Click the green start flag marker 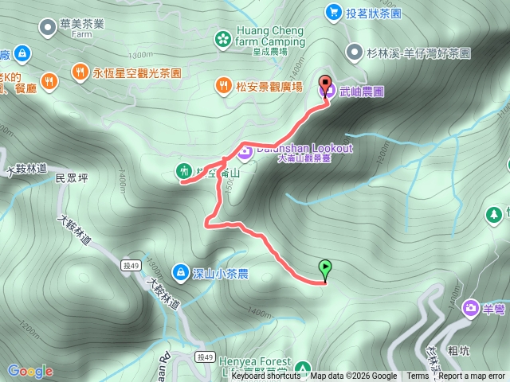point(325,269)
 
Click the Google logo point(30,371)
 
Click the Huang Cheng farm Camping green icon point(223,37)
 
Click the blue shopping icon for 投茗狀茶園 point(332,12)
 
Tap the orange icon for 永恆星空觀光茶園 point(80,72)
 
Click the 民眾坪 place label point(70,179)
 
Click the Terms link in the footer point(418,376)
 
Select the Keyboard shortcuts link point(266,376)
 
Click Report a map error point(472,376)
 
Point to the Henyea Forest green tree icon point(302,368)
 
